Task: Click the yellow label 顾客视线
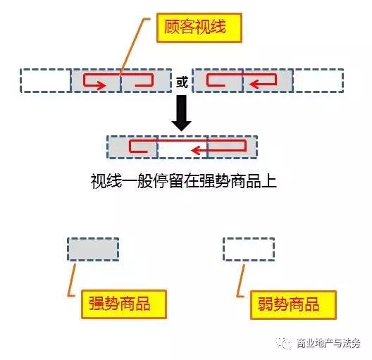point(199,27)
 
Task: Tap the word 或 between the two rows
point(182,82)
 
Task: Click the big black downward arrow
point(182,113)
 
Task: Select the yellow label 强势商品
point(123,304)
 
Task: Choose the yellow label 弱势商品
point(293,305)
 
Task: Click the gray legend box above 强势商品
point(93,249)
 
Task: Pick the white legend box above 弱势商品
point(249,249)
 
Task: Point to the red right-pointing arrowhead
point(101,85)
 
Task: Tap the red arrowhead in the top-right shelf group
point(254,84)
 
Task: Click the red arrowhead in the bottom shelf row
point(197,150)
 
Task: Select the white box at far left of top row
point(46,80)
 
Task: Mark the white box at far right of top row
point(318,80)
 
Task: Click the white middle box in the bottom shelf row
point(182,147)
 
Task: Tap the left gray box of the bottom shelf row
point(132,147)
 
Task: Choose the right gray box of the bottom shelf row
point(232,147)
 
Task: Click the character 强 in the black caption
point(207,182)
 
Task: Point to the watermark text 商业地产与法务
point(329,343)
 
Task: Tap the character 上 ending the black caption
point(269,182)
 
